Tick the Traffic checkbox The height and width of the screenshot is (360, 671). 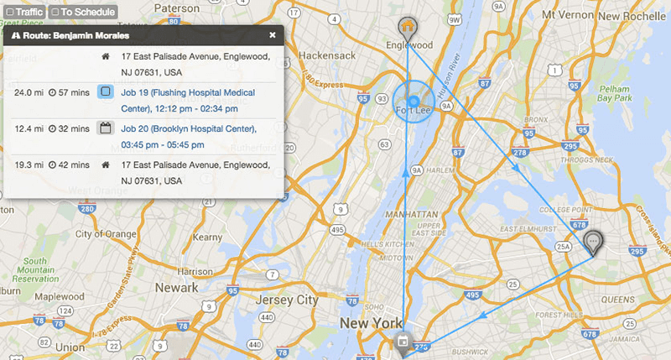[x=9, y=13]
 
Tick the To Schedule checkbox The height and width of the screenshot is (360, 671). [x=55, y=13]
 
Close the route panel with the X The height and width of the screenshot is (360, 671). [x=273, y=35]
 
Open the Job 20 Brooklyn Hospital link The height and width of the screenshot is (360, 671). [x=189, y=137]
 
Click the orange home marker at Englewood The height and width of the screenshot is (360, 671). [x=408, y=26]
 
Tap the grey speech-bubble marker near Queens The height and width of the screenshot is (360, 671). [x=594, y=242]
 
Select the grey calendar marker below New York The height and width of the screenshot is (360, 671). [x=403, y=342]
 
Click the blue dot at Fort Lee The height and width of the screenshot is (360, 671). [x=414, y=102]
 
